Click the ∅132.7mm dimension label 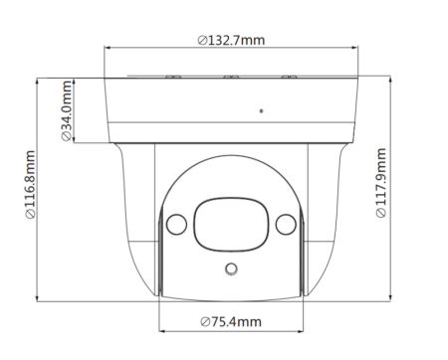click(x=230, y=39)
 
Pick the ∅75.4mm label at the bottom click(x=230, y=321)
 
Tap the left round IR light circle click(x=178, y=223)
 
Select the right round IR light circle click(x=283, y=223)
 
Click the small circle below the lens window click(x=231, y=268)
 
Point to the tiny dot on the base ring click(x=261, y=110)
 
